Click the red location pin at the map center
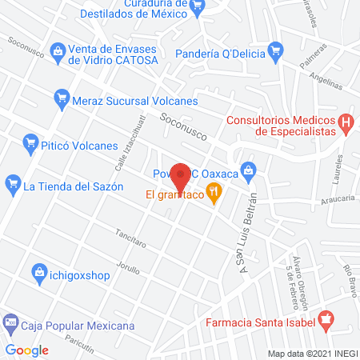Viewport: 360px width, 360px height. tap(182, 175)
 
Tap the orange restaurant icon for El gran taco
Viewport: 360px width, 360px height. tap(214, 193)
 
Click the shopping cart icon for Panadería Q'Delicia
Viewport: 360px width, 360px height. tap(276, 50)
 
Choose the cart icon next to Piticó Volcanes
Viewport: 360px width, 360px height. tap(31, 143)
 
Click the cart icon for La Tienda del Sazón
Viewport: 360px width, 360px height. tap(12, 186)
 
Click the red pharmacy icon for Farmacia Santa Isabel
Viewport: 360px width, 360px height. tap(324, 322)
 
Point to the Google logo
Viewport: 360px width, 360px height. tap(27, 350)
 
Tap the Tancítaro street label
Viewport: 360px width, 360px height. tap(111, 238)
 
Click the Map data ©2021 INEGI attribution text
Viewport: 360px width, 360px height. tap(311, 353)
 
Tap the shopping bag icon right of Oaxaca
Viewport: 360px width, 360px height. tap(249, 169)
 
